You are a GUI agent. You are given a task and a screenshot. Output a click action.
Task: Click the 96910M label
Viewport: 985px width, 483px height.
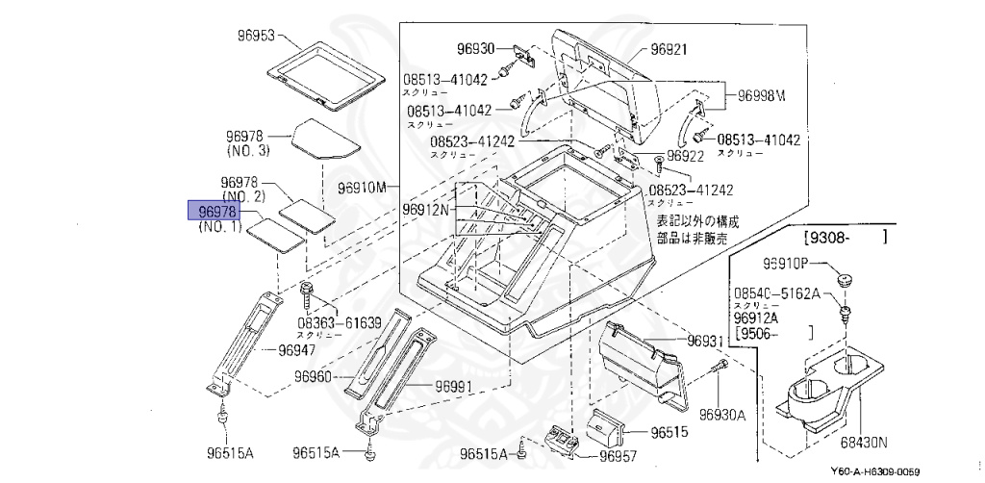click(362, 186)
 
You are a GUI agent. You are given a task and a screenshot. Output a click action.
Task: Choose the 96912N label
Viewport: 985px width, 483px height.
click(425, 209)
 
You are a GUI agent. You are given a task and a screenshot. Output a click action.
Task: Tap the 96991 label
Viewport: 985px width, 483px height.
click(453, 386)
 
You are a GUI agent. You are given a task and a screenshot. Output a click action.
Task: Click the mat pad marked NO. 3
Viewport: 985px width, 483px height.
click(323, 138)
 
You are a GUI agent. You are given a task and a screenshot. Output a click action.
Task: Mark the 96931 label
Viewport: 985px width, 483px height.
click(704, 342)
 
